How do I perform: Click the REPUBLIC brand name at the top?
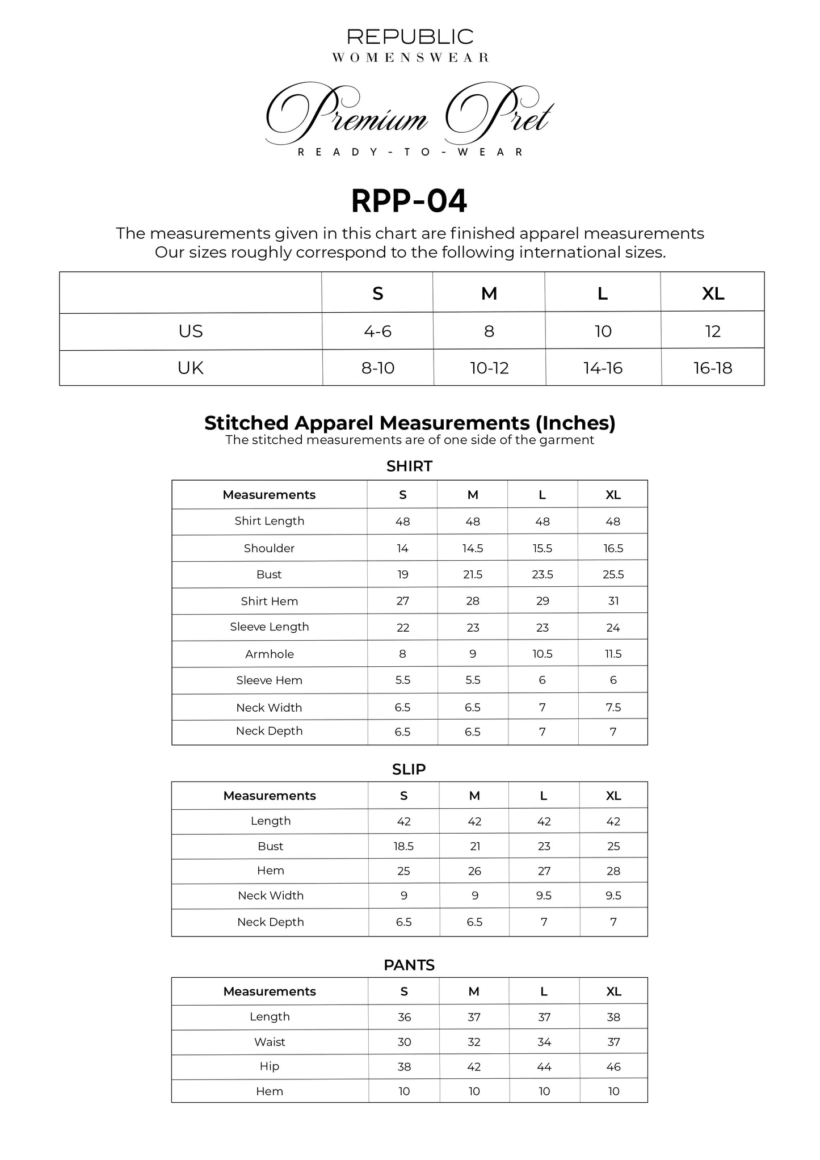click(410, 37)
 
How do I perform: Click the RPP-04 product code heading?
click(409, 201)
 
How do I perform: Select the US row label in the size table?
click(190, 331)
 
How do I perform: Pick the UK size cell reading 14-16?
click(603, 368)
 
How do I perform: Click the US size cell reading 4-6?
click(377, 331)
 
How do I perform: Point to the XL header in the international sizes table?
click(713, 293)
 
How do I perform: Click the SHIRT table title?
click(409, 466)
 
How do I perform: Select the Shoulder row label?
click(269, 548)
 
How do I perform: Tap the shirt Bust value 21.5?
click(473, 575)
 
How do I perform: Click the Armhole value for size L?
click(543, 654)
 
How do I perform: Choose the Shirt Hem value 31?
click(613, 601)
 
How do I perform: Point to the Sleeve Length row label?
click(269, 627)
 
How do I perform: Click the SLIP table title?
click(409, 770)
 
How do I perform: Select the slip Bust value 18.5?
click(403, 846)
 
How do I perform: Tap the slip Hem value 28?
click(613, 871)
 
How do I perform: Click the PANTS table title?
click(409, 965)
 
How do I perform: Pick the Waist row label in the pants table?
click(270, 1042)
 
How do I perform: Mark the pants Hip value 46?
click(613, 1067)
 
